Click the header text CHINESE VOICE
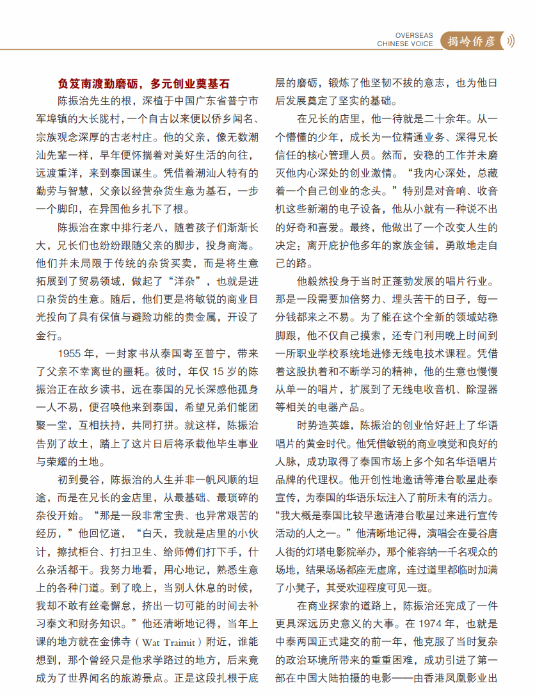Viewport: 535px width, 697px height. point(405,44)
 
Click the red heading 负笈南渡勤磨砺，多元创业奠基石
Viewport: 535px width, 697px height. point(143,84)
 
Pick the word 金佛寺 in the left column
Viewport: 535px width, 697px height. point(123,639)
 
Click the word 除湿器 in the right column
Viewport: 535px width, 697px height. point(483,389)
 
